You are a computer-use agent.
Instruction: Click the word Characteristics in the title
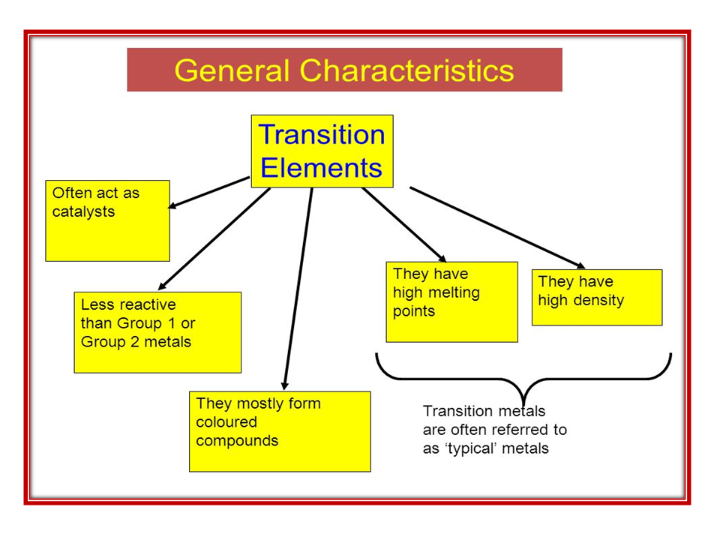tap(407, 70)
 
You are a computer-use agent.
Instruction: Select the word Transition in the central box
tap(322, 135)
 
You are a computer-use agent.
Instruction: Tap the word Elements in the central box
tap(322, 167)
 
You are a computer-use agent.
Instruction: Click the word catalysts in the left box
tap(83, 211)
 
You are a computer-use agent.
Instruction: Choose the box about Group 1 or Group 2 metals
tap(157, 332)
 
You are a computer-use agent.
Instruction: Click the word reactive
tap(148, 304)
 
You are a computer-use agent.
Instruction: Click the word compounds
tap(237, 441)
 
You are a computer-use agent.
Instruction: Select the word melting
tap(453, 292)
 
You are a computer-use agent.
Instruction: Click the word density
tap(598, 301)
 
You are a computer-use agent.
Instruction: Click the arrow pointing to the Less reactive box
tap(214, 239)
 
